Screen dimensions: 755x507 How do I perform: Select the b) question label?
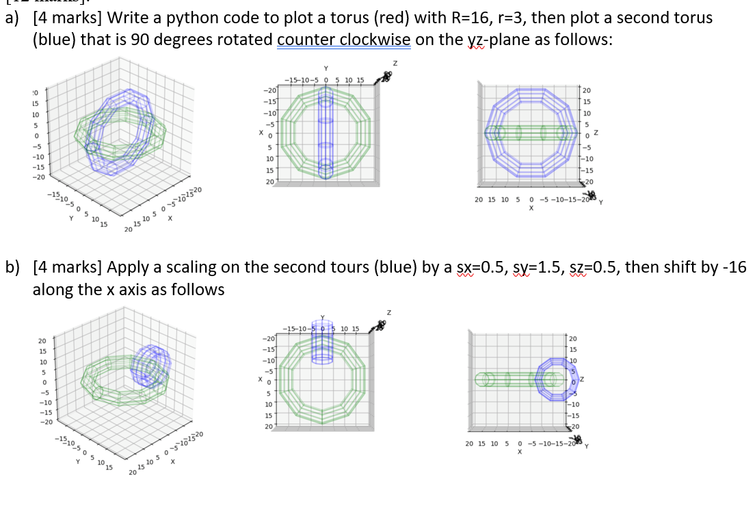[12, 267]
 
